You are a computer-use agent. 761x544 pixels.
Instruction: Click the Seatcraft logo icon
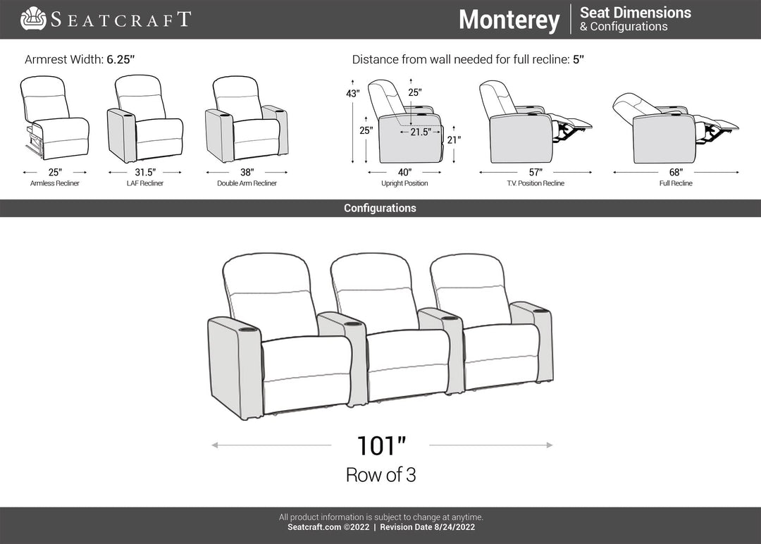pyautogui.click(x=33, y=18)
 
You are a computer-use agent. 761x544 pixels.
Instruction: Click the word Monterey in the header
pyautogui.click(x=509, y=20)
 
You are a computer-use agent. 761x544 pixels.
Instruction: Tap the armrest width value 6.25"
pyautogui.click(x=120, y=59)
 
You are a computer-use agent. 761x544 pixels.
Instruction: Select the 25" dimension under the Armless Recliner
pyautogui.click(x=55, y=172)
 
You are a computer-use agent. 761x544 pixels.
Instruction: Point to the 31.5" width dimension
pyautogui.click(x=145, y=172)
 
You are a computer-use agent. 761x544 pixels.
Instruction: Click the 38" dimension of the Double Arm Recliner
pyautogui.click(x=247, y=172)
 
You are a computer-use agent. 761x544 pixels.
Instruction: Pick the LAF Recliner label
pyautogui.click(x=145, y=183)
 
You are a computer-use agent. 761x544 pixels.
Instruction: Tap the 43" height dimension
pyautogui.click(x=353, y=93)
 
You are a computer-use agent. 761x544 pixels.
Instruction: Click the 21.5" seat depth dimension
pyautogui.click(x=421, y=132)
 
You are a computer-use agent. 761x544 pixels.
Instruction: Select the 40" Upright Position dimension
pyautogui.click(x=404, y=172)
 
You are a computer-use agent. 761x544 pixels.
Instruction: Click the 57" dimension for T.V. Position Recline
pyautogui.click(x=536, y=172)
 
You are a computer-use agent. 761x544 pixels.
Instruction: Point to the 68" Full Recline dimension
pyautogui.click(x=676, y=172)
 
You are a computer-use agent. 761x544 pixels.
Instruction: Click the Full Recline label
pyautogui.click(x=676, y=183)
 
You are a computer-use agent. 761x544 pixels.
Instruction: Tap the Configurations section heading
pyautogui.click(x=380, y=208)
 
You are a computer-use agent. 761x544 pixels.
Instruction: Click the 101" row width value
pyautogui.click(x=381, y=445)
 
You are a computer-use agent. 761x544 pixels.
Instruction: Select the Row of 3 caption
pyautogui.click(x=381, y=475)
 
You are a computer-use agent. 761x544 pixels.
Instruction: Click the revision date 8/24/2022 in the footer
pyautogui.click(x=454, y=527)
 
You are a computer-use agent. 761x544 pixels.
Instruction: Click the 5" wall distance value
pyautogui.click(x=578, y=59)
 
